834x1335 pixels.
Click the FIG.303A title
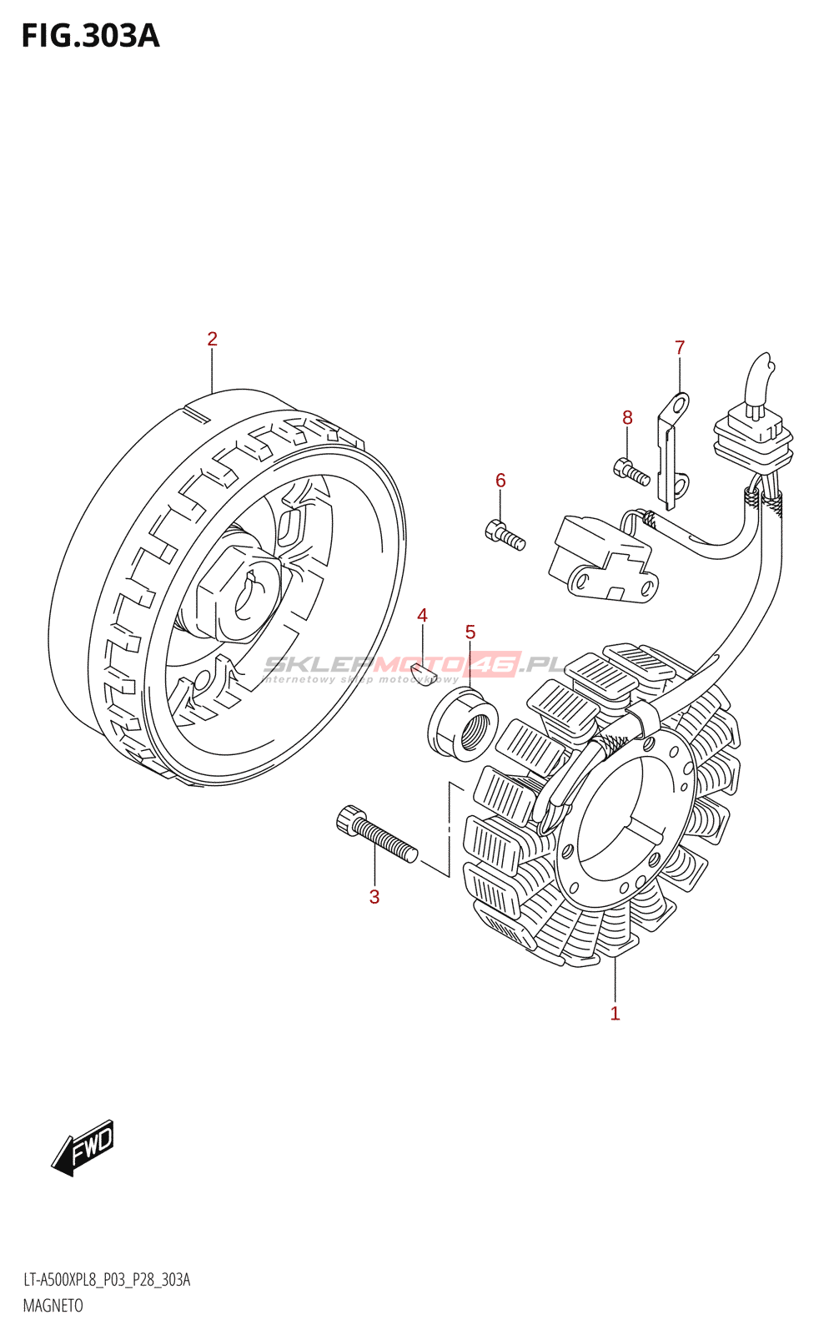[91, 37]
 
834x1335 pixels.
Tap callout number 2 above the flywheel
[212, 339]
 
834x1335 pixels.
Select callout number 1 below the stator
[615, 1013]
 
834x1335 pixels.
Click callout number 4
[422, 615]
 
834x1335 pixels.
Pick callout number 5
[470, 632]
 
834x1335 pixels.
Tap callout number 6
[500, 481]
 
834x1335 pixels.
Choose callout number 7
[680, 347]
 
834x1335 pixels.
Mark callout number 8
[627, 418]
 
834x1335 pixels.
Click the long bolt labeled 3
[377, 834]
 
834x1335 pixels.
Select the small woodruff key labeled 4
[424, 678]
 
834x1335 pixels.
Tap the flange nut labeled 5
[464, 725]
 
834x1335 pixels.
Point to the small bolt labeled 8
[631, 471]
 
